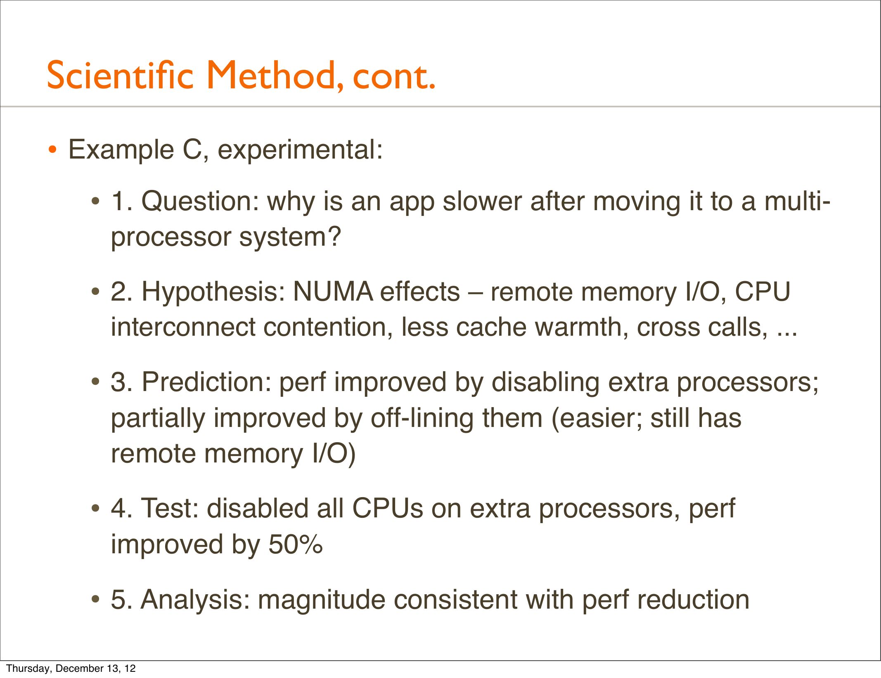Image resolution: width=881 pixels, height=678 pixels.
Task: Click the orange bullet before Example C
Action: [52, 149]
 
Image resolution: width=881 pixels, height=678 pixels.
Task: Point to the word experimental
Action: [300, 150]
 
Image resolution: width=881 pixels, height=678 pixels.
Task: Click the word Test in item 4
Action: [170, 508]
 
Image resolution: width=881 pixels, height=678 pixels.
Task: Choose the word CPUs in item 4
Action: [387, 508]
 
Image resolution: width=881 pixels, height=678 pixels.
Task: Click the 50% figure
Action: [296, 544]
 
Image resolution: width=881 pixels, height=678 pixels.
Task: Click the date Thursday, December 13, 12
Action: [71, 669]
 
